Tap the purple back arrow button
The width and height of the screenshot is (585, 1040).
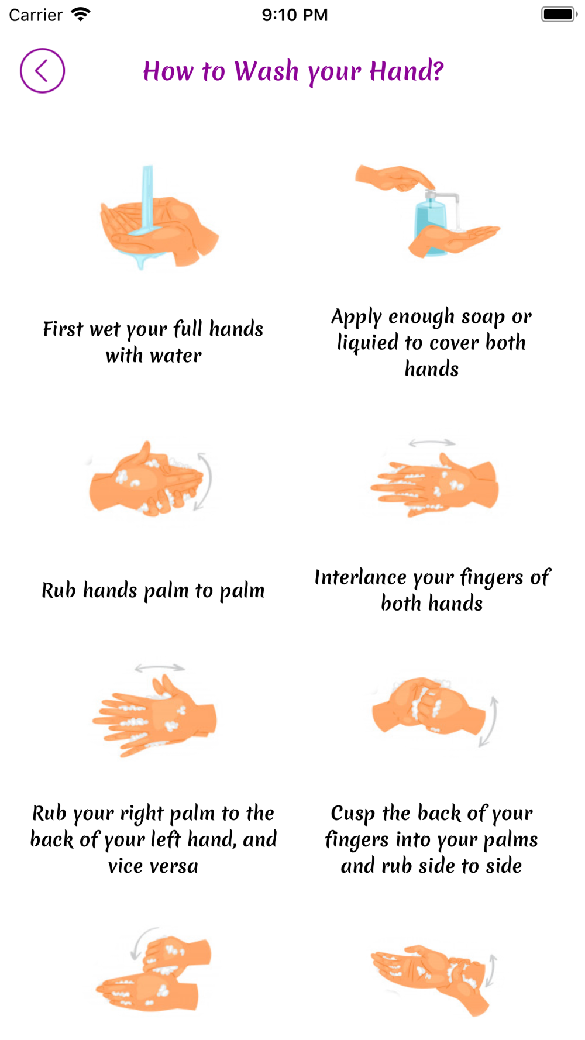[x=42, y=71]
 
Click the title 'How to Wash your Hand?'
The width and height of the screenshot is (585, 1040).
[x=293, y=71]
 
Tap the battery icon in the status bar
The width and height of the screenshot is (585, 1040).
[x=559, y=14]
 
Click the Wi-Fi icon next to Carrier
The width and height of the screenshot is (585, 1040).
[x=81, y=14]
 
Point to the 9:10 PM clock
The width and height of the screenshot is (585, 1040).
[x=294, y=15]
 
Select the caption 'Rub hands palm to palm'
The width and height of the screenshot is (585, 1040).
[x=153, y=590]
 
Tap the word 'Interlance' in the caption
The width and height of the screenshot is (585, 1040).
[x=360, y=577]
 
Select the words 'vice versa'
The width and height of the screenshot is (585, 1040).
[x=153, y=866]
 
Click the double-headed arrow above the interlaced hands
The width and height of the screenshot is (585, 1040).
[x=432, y=443]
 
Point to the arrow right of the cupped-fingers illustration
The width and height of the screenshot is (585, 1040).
[x=489, y=721]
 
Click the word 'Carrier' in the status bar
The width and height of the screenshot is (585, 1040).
[x=36, y=15]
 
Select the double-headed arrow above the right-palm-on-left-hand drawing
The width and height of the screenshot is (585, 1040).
[x=160, y=667]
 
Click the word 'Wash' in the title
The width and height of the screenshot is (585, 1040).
[x=266, y=71]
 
